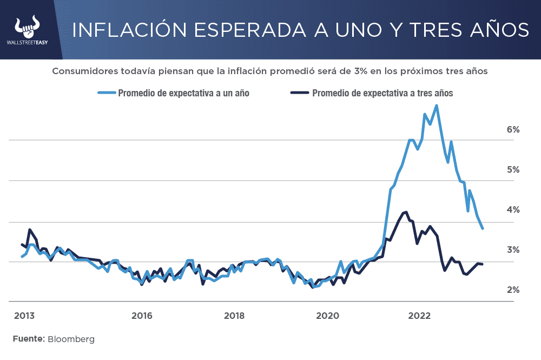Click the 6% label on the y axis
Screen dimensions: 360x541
[513, 129]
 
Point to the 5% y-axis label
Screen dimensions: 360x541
[513, 169]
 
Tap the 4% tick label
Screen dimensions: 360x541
[513, 210]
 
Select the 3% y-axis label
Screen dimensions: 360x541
[513, 250]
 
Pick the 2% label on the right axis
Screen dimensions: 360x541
[513, 290]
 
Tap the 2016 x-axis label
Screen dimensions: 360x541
[141, 316]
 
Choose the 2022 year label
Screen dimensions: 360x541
[419, 316]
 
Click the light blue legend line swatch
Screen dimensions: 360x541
[107, 93]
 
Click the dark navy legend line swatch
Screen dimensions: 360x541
[299, 93]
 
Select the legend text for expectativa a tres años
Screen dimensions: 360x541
[382, 93]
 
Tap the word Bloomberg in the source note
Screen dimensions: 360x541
[71, 339]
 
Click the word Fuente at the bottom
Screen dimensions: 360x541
[28, 339]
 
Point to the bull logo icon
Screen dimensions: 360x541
[29, 24]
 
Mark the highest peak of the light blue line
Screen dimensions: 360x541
[437, 106]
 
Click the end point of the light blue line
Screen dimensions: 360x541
[482, 228]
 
